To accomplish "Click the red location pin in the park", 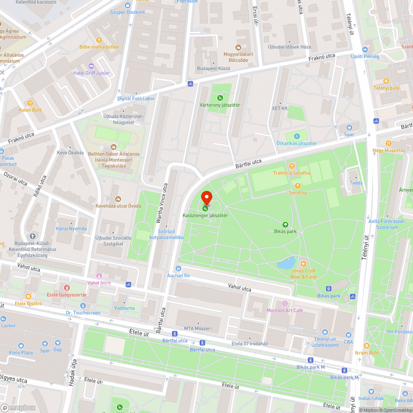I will [x=206, y=197].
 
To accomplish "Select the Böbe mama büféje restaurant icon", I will [x=99, y=40].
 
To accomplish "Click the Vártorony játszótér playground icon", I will [x=220, y=98].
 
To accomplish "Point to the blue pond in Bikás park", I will [x=286, y=263].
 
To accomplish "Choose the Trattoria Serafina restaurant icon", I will [x=292, y=166].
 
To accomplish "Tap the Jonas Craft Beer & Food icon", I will [x=304, y=263].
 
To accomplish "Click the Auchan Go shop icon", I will [x=178, y=268].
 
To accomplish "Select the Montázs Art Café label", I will [x=285, y=310].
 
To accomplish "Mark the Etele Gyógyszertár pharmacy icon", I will [x=66, y=287].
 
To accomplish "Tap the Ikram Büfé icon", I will [x=366, y=346].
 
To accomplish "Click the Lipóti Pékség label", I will [x=365, y=56].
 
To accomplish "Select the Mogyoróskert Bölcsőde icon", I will [x=238, y=47].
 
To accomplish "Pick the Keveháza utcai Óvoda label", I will [x=118, y=206].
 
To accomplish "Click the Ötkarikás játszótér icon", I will [x=297, y=136].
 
